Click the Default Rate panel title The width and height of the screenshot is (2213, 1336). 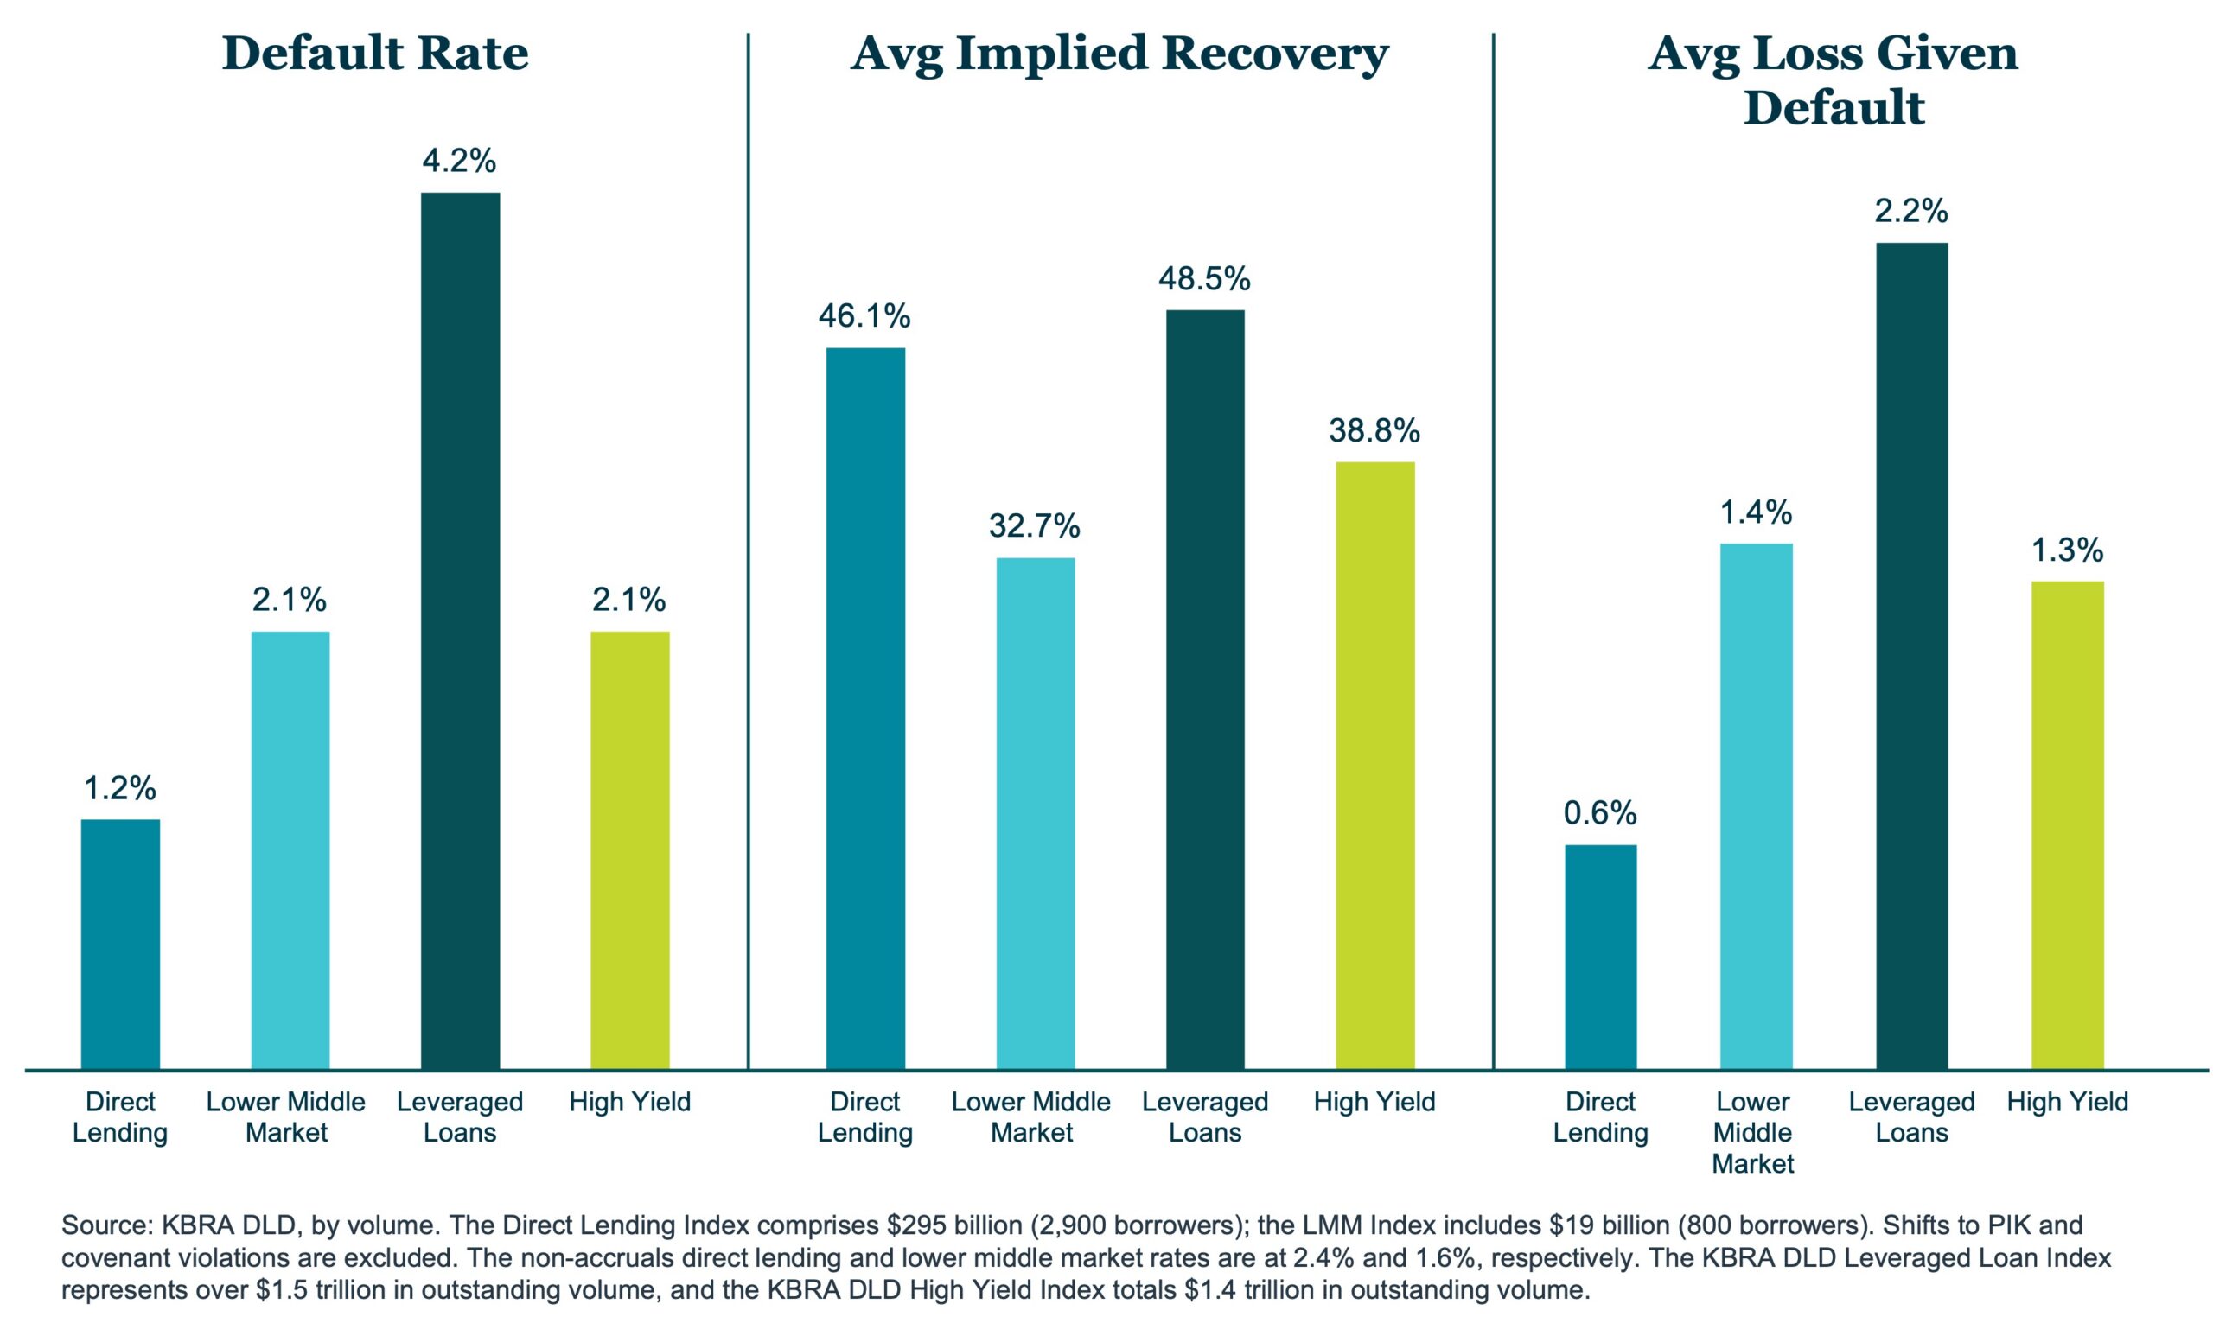pyautogui.click(x=374, y=53)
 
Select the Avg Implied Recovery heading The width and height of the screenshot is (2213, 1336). pyautogui.click(x=1119, y=54)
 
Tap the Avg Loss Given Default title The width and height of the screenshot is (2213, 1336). pyautogui.click(x=1834, y=81)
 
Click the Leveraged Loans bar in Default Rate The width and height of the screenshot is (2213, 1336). pyautogui.click(x=460, y=630)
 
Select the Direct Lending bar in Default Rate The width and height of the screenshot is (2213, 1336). pyautogui.click(x=120, y=944)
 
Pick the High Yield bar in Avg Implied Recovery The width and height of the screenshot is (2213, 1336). pyautogui.click(x=1375, y=765)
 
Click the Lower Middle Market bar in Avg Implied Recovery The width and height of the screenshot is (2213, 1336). pyautogui.click(x=1036, y=813)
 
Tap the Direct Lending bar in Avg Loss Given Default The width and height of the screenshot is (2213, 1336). pyautogui.click(x=1600, y=957)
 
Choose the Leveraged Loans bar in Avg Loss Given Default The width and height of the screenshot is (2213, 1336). pyautogui.click(x=1912, y=655)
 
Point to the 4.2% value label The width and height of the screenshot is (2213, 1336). pyautogui.click(x=459, y=162)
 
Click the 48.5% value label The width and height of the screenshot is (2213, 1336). pyautogui.click(x=1203, y=279)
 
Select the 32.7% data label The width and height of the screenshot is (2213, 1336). pyautogui.click(x=1035, y=526)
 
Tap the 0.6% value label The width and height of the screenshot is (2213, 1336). pyautogui.click(x=1600, y=813)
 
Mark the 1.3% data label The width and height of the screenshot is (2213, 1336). pyautogui.click(x=2068, y=550)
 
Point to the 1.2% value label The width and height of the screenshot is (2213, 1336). pyautogui.click(x=119, y=788)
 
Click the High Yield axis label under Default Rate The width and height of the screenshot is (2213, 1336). pyautogui.click(x=629, y=1102)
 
